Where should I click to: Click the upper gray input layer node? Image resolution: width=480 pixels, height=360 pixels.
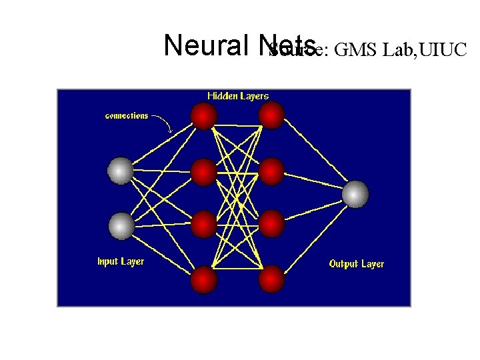(x=121, y=171)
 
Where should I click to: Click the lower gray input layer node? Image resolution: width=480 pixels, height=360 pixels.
(x=121, y=226)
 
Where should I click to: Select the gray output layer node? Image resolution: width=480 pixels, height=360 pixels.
(x=355, y=194)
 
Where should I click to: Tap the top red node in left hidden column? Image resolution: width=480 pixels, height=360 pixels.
(x=204, y=116)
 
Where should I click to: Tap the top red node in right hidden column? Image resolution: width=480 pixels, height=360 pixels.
(x=271, y=116)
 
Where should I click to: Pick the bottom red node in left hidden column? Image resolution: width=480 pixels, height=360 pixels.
(x=204, y=279)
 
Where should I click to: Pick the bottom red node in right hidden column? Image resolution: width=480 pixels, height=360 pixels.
(x=271, y=279)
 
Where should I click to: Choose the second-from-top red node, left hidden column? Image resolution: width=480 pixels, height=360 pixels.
(x=204, y=171)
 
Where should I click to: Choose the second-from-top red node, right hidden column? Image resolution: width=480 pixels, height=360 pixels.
(x=271, y=171)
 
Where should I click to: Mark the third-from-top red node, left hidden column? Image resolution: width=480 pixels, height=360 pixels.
(x=204, y=224)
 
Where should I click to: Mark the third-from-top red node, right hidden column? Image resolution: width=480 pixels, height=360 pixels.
(x=271, y=224)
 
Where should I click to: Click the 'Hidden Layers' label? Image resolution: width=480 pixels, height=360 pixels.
(x=238, y=96)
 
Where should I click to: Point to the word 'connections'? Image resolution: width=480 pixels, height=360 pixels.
(x=127, y=115)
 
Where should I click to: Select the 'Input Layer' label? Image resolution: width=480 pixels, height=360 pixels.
(x=121, y=261)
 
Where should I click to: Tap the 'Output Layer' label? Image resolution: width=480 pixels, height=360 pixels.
(x=357, y=264)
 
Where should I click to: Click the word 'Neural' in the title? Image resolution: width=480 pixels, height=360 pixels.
(x=205, y=45)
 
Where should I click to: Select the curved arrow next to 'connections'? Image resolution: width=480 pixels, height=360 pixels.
(x=164, y=122)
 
